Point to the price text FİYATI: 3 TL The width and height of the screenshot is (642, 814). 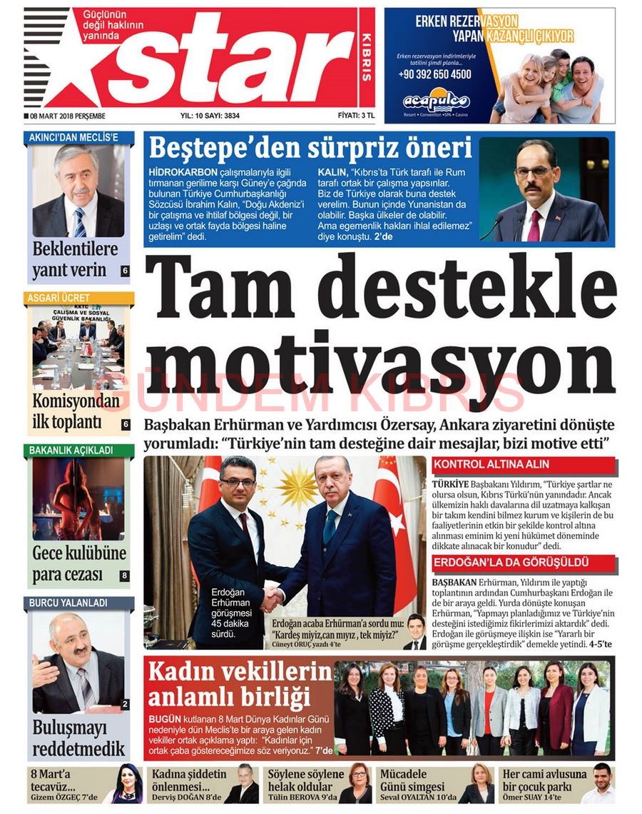click(356, 116)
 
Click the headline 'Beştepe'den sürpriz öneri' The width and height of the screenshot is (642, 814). click(310, 149)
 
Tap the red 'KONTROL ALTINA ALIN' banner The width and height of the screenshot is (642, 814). click(491, 464)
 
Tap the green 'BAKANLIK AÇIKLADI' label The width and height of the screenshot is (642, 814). click(71, 451)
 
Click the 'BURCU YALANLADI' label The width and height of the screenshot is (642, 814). click(68, 603)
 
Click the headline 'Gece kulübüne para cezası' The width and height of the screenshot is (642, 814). click(78, 564)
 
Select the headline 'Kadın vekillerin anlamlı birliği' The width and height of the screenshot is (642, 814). click(239, 683)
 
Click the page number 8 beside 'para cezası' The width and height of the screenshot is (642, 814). click(123, 575)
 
